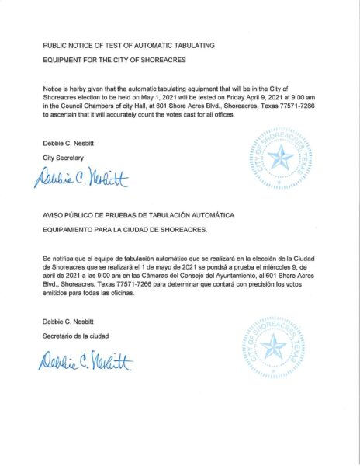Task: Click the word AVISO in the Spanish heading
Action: point(54,212)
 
